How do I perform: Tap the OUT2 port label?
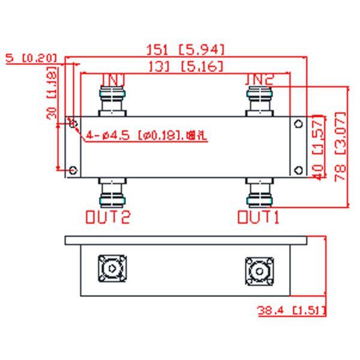107,217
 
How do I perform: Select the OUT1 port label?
259,217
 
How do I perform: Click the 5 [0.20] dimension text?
31,58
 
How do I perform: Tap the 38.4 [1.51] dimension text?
291,311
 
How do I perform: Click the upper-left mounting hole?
73,124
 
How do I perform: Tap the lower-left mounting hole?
73,170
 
